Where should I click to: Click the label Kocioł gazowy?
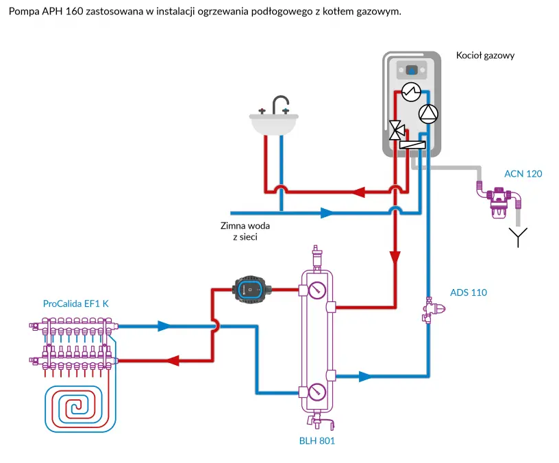tap(485, 55)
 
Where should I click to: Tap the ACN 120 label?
tap(523, 174)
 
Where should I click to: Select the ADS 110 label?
tap(469, 292)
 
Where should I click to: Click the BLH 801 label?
tap(316, 441)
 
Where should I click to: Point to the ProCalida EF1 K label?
tap(75, 304)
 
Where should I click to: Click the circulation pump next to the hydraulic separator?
tap(251, 288)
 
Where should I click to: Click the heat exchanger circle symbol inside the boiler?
tap(410, 91)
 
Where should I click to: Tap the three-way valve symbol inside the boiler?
tap(396, 129)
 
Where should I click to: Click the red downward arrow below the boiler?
tap(395, 258)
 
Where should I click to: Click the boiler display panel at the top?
tap(412, 70)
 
